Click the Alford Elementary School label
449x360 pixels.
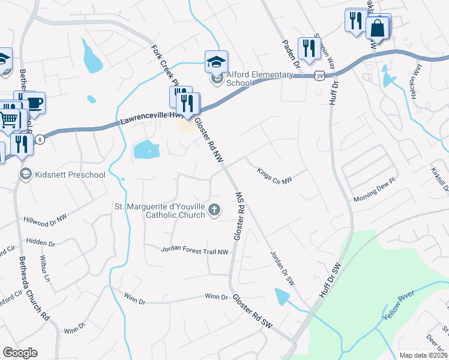(259, 79)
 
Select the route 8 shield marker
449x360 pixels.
(40, 139)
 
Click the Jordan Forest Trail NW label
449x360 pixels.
(195, 251)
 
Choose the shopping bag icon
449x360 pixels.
(378, 28)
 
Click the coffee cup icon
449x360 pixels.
(35, 103)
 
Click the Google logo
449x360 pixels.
(20, 352)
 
